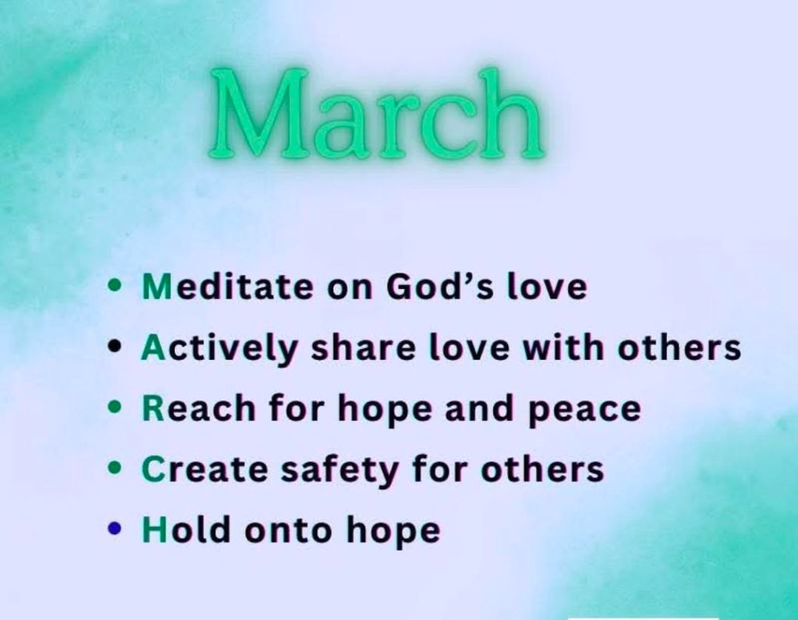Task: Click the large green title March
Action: (376, 113)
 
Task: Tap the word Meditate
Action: (228, 287)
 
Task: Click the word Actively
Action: (219, 350)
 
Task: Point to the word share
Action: (363, 348)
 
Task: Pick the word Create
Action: (205, 469)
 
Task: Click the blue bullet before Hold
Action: (115, 528)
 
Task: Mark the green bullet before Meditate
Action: (115, 285)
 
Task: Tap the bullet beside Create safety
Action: (115, 467)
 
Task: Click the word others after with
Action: (680, 348)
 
